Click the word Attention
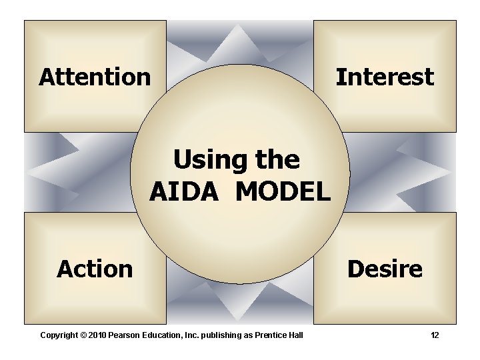[x=95, y=77]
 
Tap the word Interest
[x=385, y=77]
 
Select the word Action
[x=95, y=269]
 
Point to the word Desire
[x=385, y=269]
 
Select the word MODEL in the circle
[x=283, y=192]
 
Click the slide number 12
[x=435, y=335]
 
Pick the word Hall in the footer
[x=295, y=335]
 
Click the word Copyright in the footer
[x=59, y=335]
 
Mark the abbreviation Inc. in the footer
[x=192, y=335]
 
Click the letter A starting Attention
[x=46, y=77]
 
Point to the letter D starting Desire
[x=355, y=269]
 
